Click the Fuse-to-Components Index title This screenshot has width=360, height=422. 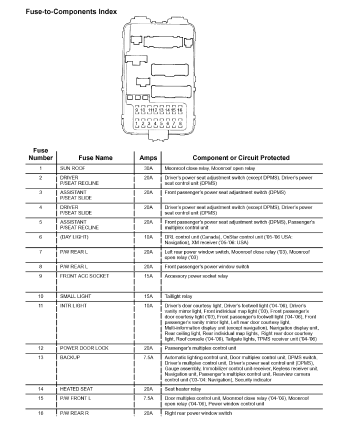point(71,11)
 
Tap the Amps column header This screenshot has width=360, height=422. point(148,157)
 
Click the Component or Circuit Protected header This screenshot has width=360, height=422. point(241,157)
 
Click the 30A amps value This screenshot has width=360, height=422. point(148,168)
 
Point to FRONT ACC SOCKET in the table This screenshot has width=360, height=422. point(84,276)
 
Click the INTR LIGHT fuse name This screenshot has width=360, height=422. point(73,305)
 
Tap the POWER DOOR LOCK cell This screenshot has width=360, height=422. point(84,348)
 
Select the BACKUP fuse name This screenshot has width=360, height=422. point(70,357)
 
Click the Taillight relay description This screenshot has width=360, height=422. point(178,296)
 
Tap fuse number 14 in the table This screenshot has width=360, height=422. point(40,388)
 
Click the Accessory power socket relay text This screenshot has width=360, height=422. point(196,276)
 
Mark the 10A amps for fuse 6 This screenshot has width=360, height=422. point(148,237)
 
